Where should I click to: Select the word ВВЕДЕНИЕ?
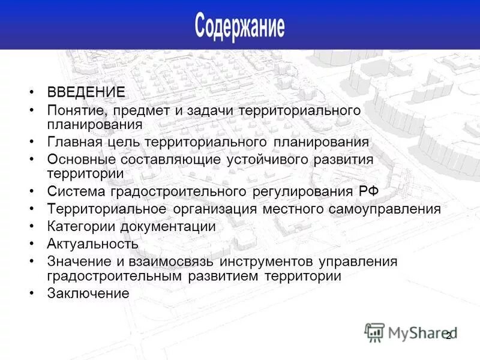[x=86, y=92]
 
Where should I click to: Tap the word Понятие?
[x=73, y=110]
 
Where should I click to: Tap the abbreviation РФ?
[x=365, y=191]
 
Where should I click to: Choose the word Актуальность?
[x=92, y=244]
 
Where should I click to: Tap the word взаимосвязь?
[x=170, y=262]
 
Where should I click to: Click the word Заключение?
[x=88, y=293]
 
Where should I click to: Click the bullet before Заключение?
[x=31, y=293]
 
